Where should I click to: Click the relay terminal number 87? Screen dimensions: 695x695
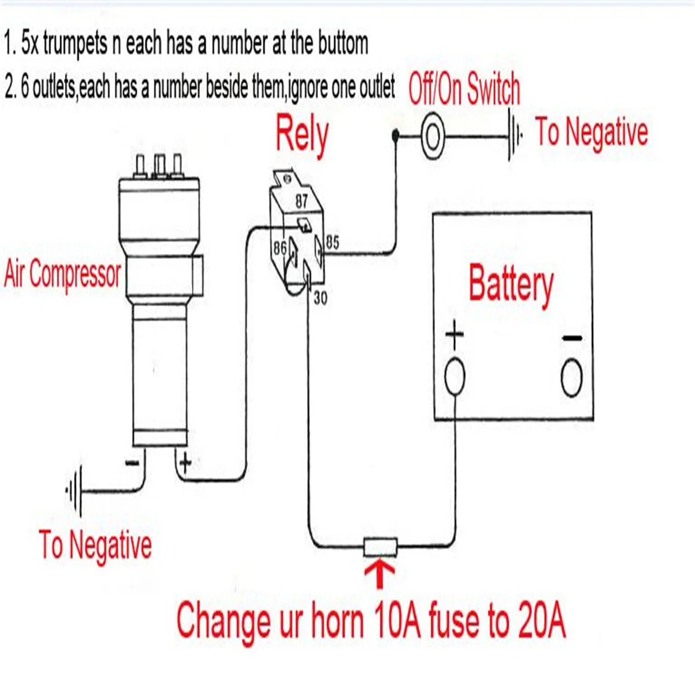302,201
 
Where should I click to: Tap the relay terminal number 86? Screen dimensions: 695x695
280,248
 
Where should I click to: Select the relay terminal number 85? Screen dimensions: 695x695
332,242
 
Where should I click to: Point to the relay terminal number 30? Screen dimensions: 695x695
320,298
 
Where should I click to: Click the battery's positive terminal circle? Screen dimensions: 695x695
455,377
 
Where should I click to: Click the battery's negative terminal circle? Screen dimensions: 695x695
572,378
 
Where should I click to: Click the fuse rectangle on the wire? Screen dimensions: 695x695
381,546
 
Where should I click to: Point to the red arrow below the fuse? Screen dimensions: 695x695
380,573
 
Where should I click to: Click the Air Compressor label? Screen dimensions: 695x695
63,274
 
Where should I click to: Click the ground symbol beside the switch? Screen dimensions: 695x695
514,137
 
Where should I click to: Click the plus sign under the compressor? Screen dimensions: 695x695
185,462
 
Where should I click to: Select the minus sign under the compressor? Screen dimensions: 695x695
132,463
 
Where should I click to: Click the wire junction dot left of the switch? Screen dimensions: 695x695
396,136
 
